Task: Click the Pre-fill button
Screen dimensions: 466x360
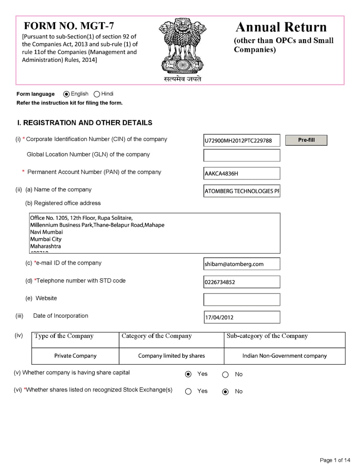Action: click(306, 140)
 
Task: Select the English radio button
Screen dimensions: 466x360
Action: click(67, 94)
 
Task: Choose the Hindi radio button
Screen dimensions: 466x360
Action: click(97, 94)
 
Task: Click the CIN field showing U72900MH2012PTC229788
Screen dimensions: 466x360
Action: click(241, 141)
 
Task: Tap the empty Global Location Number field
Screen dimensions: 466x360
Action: click(241, 155)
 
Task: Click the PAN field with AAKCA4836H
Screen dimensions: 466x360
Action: click(241, 174)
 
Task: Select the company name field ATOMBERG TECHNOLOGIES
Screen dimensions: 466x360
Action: click(241, 191)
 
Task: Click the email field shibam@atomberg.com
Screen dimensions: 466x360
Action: click(241, 264)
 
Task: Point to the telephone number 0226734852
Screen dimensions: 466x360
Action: click(241, 282)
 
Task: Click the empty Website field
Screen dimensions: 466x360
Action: click(241, 299)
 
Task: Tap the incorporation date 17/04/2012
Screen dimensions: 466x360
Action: click(241, 317)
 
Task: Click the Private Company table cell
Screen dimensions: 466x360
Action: click(75, 356)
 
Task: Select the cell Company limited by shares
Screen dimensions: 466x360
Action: click(171, 356)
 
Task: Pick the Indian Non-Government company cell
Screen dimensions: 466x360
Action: click(284, 356)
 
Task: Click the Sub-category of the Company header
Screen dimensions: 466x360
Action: click(267, 336)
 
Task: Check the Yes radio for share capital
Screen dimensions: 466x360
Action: click(188, 374)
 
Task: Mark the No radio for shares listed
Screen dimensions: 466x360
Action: click(225, 392)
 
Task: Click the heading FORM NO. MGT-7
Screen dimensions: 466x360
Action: click(69, 26)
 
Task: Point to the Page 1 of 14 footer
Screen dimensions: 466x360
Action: click(335, 460)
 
